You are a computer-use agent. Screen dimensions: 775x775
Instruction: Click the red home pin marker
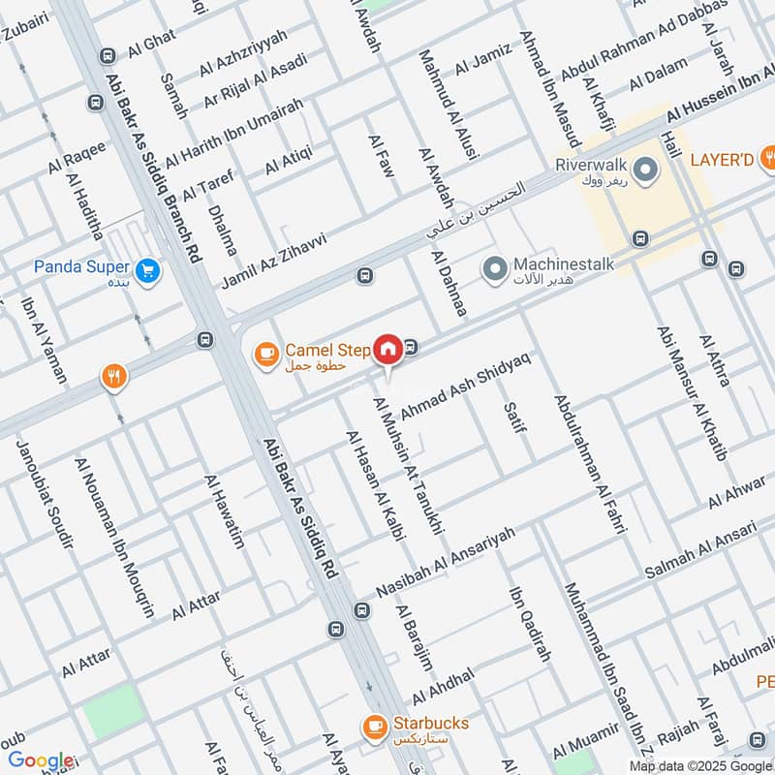[387, 348]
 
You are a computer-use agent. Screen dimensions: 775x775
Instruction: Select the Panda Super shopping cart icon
[147, 271]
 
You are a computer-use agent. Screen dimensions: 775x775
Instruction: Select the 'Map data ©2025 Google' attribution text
[697, 765]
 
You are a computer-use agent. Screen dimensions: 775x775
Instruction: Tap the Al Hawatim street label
[222, 511]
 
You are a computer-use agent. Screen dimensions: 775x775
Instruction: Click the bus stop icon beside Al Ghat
[107, 54]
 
